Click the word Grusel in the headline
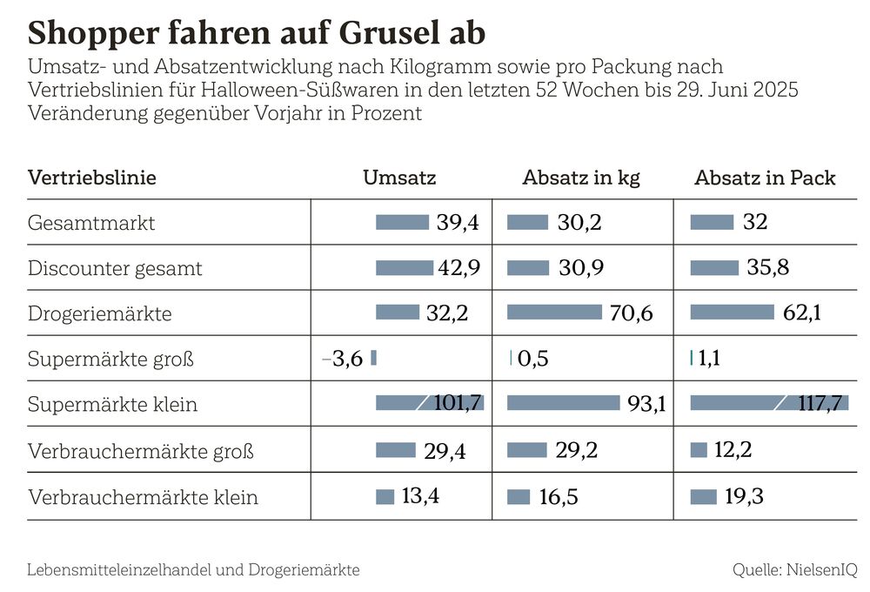pyautogui.click(x=377, y=33)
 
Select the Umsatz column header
pyautogui.click(x=399, y=178)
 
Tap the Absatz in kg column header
pyautogui.click(x=581, y=178)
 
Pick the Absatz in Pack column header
pyautogui.click(x=765, y=178)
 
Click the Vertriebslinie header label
pyautogui.click(x=92, y=178)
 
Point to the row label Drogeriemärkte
pyautogui.click(x=100, y=313)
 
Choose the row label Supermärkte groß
pyautogui.click(x=110, y=359)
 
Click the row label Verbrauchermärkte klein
pyautogui.click(x=143, y=498)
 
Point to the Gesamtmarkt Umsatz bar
pyautogui.click(x=402, y=222)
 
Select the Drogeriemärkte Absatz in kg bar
pyautogui.click(x=554, y=312)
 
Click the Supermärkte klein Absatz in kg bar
pyautogui.click(x=563, y=403)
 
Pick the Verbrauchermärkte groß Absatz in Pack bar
pyautogui.click(x=699, y=449)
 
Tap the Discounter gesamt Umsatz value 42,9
pyautogui.click(x=458, y=268)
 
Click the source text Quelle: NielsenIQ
pyautogui.click(x=794, y=570)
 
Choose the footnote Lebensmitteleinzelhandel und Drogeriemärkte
pyautogui.click(x=193, y=570)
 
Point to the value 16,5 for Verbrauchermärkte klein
pyautogui.click(x=558, y=498)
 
